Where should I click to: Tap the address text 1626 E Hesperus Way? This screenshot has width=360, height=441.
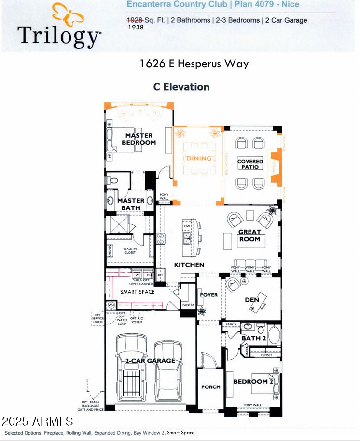tap(194, 63)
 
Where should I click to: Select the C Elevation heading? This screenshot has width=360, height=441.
tap(181, 87)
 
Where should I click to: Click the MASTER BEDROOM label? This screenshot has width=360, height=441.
tap(138, 139)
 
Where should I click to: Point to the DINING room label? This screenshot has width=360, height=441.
tap(199, 158)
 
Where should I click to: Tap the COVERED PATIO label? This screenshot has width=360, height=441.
tap(250, 164)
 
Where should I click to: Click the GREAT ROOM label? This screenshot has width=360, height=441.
tap(249, 235)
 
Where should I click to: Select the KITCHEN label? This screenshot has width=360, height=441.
tap(189, 265)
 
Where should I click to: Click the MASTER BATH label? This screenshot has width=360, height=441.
tap(131, 204)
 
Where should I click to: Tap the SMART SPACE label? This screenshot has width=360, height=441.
tap(138, 292)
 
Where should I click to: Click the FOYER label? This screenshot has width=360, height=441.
tap(209, 295)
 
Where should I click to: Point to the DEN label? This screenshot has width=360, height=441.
tap(252, 300)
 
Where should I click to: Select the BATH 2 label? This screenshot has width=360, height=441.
tap(254, 338)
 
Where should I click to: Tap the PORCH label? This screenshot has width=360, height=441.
tap(210, 386)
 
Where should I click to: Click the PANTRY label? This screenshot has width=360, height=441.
tap(188, 305)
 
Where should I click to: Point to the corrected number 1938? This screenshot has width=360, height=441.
tap(136, 28)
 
